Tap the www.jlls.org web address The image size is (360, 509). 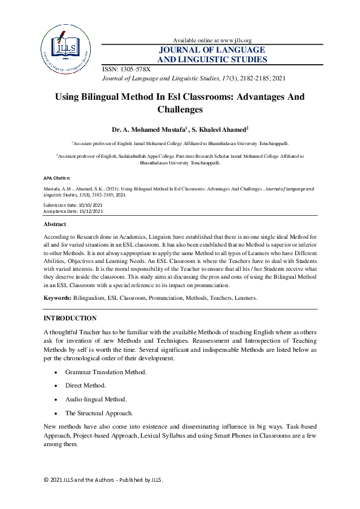coord(234,40)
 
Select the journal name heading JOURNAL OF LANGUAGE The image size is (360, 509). coord(212,50)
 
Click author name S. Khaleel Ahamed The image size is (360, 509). coord(223,130)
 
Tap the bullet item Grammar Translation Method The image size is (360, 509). coord(106,372)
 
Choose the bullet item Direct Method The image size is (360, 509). coord(85,385)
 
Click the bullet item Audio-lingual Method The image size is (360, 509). coord(96,399)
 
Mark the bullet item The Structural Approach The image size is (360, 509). coord(99,413)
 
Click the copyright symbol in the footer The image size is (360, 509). coord(46,480)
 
